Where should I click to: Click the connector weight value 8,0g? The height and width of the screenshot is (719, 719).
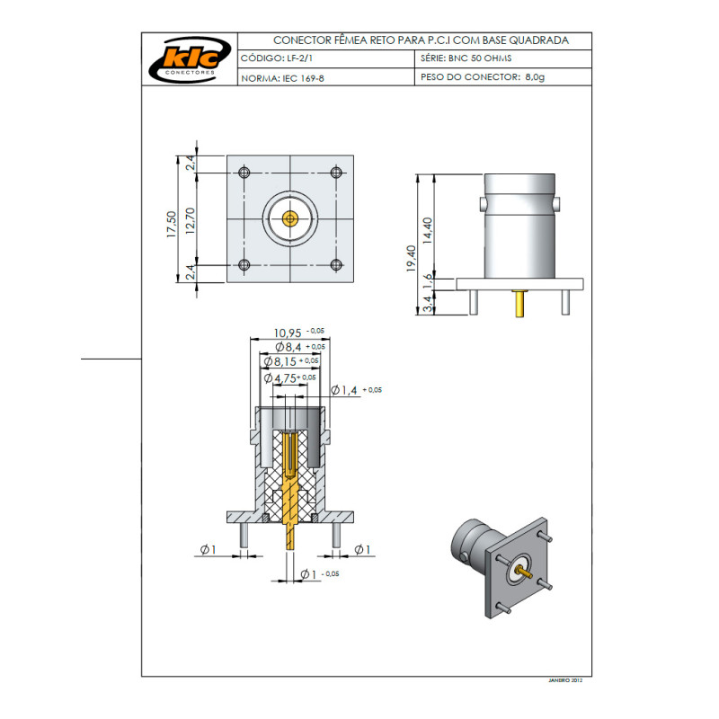click(x=535, y=78)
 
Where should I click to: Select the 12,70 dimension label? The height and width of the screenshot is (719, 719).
click(x=191, y=219)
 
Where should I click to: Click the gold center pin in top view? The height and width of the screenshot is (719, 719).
click(x=289, y=218)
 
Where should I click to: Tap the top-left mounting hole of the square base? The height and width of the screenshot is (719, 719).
click(x=244, y=173)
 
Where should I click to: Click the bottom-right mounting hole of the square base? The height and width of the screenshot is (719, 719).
click(x=336, y=264)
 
